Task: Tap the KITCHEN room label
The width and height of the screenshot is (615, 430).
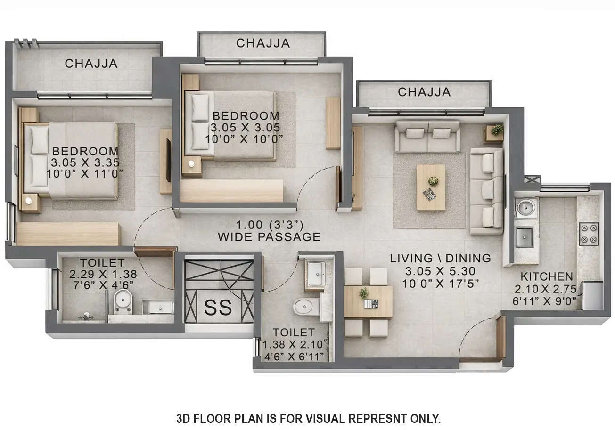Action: point(547,276)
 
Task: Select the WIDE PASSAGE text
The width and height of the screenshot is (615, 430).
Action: point(269,237)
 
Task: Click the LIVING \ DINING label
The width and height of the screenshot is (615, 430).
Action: point(440,258)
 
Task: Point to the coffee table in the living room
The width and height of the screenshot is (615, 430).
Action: point(431,187)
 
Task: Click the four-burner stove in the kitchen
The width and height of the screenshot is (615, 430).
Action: point(588,234)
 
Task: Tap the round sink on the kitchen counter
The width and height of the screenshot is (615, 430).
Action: point(525,208)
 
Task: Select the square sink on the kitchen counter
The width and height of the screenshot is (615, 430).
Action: point(525,236)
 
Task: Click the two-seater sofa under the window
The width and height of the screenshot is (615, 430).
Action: point(427,136)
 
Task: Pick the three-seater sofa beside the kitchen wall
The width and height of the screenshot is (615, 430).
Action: point(486,191)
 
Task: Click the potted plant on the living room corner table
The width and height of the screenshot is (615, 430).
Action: point(496,130)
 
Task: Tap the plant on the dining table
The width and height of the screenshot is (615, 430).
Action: point(363,293)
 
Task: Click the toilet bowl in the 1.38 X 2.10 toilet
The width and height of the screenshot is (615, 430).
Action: point(304,307)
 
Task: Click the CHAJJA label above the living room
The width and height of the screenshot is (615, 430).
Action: point(424,92)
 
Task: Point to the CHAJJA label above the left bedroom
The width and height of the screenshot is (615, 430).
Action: point(91,64)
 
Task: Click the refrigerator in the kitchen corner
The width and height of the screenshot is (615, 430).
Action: point(592,295)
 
